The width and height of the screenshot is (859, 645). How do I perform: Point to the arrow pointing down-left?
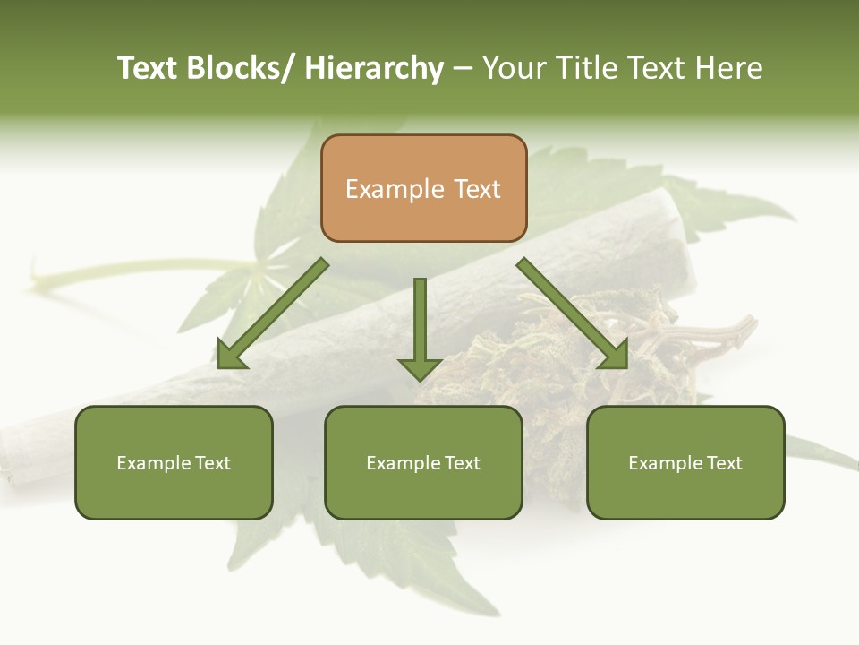[x=273, y=314]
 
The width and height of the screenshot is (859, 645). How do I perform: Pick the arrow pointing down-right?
[x=573, y=314]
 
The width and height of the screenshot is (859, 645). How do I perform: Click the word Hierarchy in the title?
[x=374, y=68]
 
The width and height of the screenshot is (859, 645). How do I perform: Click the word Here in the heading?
[x=730, y=68]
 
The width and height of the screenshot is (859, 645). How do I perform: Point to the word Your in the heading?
[x=515, y=68]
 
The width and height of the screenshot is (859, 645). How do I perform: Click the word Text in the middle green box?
[x=462, y=463]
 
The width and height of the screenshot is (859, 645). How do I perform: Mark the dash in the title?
[x=463, y=68]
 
